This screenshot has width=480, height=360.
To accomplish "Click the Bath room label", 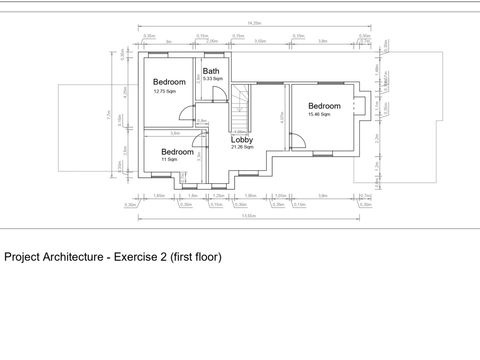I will tap(211, 71).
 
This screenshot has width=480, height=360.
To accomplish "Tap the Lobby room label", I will tap(242, 140).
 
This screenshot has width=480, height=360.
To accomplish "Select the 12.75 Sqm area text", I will tap(165, 91).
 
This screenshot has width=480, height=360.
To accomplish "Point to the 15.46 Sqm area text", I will tap(319, 114).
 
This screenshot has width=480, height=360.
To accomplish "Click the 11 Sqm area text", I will tap(169, 159).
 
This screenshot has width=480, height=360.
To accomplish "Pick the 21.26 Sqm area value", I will tap(242, 147).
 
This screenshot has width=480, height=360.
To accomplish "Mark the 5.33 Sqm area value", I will tap(213, 78).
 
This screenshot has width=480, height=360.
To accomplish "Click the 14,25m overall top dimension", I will tap(254, 23).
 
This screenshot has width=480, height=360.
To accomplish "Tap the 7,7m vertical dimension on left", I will tap(109, 115).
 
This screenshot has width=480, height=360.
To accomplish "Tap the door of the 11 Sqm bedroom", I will tap(199, 140).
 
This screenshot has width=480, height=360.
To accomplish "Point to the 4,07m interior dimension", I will tap(283, 117).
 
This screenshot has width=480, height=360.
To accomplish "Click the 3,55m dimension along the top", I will tap(260, 42).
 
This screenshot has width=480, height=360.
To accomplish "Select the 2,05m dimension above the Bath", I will tap(212, 42).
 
